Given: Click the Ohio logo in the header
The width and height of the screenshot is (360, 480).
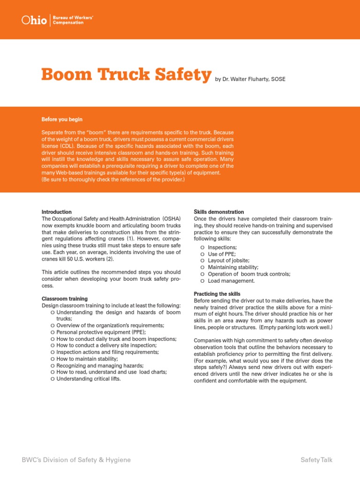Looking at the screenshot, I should (x=34, y=20).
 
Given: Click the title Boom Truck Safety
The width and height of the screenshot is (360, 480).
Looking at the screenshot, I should (x=126, y=75).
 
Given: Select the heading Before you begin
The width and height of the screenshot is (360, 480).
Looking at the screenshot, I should (x=62, y=120).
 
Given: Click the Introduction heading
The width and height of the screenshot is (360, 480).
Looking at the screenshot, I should (x=57, y=212).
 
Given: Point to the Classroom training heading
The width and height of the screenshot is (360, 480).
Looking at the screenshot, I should (x=65, y=299).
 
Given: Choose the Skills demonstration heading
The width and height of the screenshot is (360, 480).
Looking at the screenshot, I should (x=219, y=212).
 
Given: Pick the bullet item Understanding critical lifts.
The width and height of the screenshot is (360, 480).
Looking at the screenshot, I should (x=89, y=379).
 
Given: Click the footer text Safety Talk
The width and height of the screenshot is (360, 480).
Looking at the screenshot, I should (x=316, y=460).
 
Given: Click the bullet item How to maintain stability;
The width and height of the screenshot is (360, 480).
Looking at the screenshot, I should (x=87, y=359).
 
